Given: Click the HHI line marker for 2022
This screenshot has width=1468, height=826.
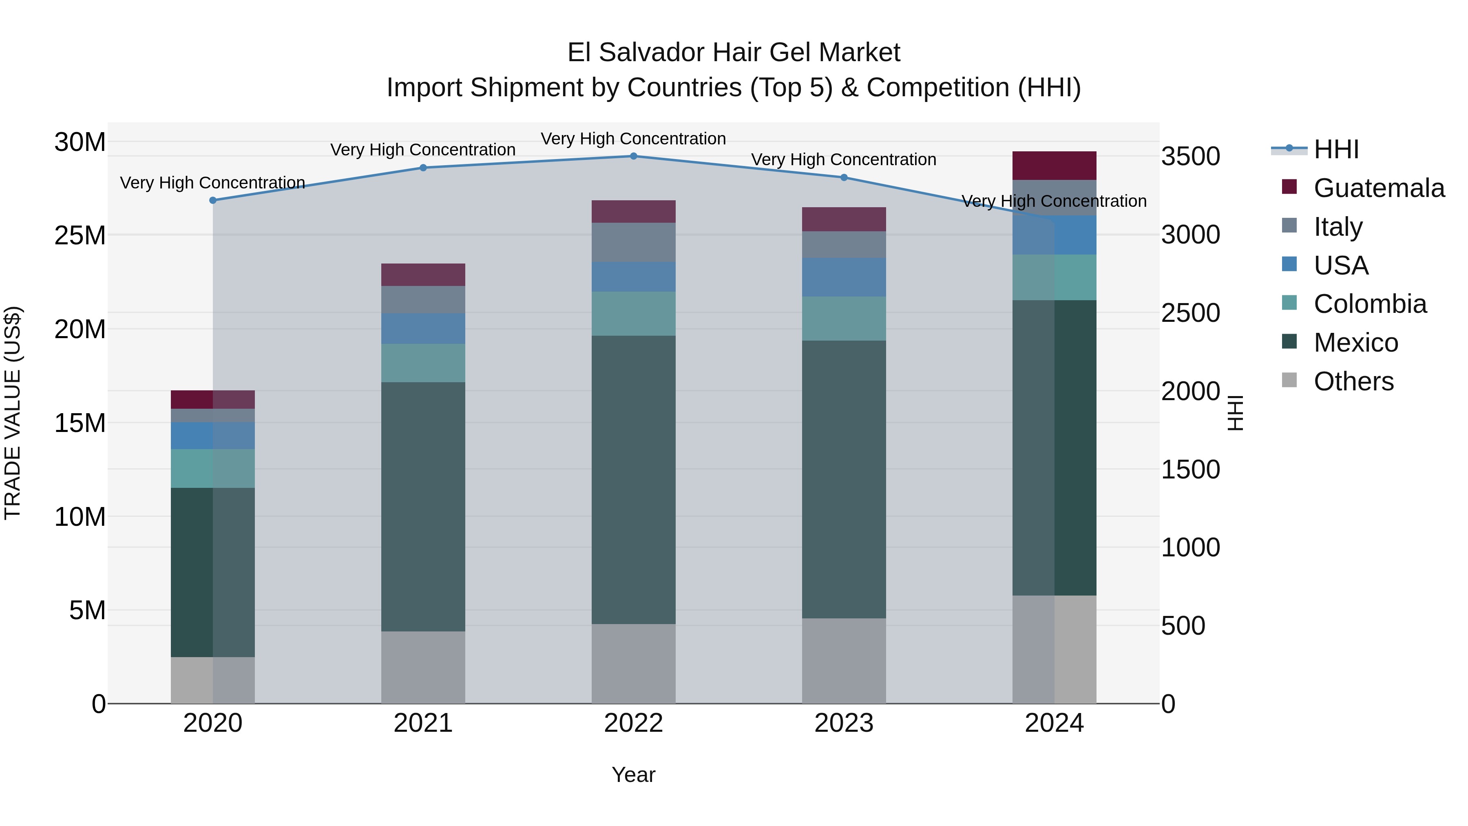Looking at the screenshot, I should [x=633, y=156].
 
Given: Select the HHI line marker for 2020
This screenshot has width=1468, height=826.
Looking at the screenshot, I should [x=212, y=201].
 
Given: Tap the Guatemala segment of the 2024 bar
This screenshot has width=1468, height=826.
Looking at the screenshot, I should [x=1054, y=166].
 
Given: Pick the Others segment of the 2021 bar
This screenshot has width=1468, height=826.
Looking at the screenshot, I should [x=423, y=667].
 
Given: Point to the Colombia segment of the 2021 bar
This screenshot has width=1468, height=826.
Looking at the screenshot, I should [x=423, y=363].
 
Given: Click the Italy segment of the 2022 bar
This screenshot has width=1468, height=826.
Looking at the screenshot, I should [x=633, y=242].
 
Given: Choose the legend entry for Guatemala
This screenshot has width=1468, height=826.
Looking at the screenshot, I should [x=1379, y=188].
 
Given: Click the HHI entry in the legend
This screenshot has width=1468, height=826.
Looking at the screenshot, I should [x=1336, y=149].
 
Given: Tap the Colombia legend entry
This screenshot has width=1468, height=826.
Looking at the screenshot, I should [x=1369, y=304].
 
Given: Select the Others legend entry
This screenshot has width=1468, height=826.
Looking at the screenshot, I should [x=1353, y=381].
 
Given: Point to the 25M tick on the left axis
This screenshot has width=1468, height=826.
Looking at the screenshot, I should [x=80, y=235].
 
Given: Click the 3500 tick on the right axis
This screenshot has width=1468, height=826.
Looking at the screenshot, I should [x=1190, y=156].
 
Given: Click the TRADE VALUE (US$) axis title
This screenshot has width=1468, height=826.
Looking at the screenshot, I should [x=13, y=413].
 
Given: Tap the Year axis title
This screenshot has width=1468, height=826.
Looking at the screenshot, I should [x=633, y=775].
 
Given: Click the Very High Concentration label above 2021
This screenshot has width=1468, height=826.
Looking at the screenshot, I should [x=423, y=150].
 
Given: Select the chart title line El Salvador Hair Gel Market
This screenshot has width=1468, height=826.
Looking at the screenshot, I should [x=734, y=53].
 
